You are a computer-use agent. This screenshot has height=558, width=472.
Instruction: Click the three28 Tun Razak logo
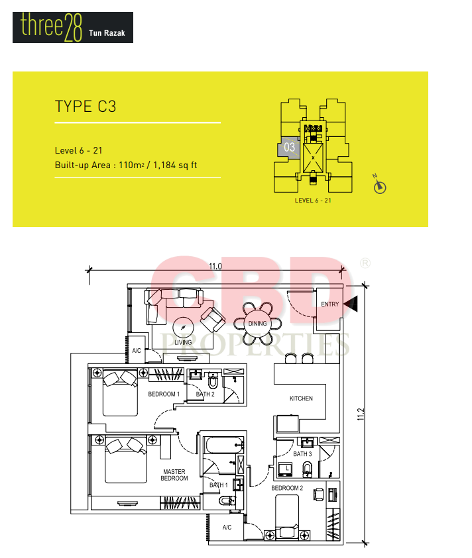[x=73, y=27]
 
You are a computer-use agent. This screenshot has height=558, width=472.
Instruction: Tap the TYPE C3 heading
[x=86, y=107]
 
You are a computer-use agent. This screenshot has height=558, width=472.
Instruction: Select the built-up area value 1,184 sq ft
[x=175, y=165]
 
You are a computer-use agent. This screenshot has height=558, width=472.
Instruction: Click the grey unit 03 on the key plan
[x=289, y=147]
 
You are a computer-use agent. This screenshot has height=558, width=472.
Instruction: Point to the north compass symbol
[x=380, y=184]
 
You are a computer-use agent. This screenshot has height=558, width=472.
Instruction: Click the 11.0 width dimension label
[x=215, y=266]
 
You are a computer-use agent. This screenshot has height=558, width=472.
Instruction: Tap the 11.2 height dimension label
[x=361, y=414]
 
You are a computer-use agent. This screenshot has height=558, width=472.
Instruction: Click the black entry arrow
[x=351, y=304]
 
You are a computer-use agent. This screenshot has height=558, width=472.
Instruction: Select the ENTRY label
[x=329, y=304]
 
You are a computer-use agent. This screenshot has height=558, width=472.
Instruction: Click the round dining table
[x=257, y=324]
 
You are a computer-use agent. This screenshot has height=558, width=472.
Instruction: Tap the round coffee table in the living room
[x=183, y=327]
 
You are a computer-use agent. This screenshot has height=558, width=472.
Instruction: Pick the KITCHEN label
[x=301, y=398]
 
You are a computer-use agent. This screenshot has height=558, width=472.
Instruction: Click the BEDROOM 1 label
[x=164, y=394]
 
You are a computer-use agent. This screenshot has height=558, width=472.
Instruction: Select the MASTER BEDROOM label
[x=174, y=475]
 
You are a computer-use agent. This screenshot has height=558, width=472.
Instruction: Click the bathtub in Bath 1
[x=224, y=445]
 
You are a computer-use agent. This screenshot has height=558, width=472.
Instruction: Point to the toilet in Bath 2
[x=213, y=381]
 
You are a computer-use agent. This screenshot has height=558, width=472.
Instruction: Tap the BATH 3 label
[x=302, y=453]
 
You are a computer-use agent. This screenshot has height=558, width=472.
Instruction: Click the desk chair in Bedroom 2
[x=319, y=494]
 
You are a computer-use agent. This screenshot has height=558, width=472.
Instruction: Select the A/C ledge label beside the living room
[x=137, y=351]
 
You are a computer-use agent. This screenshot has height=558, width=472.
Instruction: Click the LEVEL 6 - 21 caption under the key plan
[x=313, y=201]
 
